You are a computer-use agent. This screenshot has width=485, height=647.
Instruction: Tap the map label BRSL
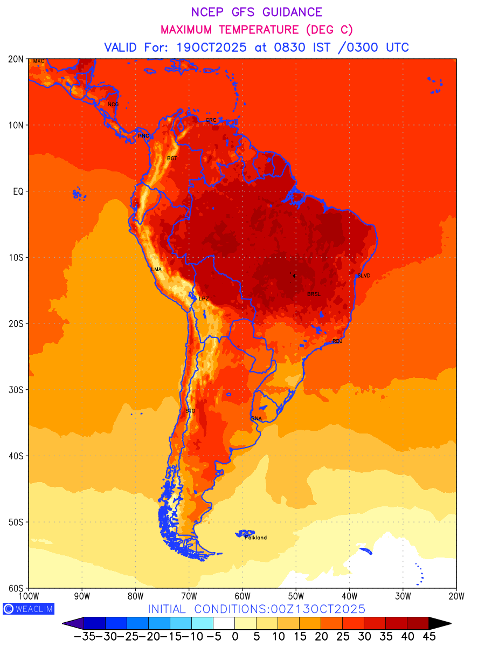pyautogui.click(x=314, y=294)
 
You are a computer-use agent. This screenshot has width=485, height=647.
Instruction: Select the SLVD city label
pyautogui.click(x=364, y=276)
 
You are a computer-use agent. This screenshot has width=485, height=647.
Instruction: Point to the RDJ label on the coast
pyautogui.click(x=337, y=341)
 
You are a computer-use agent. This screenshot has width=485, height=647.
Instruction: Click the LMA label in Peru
pyautogui.click(x=156, y=269)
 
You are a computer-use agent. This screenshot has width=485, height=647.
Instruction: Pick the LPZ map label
pyautogui.click(x=204, y=298)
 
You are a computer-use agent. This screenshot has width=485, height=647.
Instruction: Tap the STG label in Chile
pyautogui.click(x=190, y=411)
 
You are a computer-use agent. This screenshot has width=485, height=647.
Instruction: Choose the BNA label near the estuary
pyautogui.click(x=257, y=418)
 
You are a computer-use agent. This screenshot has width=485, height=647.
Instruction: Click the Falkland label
pyautogui.click(x=256, y=538)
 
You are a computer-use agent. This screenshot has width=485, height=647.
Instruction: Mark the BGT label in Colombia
pyautogui.click(x=172, y=159)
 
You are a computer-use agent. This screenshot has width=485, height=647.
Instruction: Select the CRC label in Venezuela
pyautogui.click(x=211, y=120)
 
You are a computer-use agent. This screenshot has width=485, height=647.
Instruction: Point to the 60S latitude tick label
pyautogui.click(x=17, y=588)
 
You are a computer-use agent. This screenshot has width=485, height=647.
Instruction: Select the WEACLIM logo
pyautogui.click(x=28, y=609)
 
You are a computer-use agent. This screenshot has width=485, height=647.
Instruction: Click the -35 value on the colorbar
pyautogui.click(x=84, y=636)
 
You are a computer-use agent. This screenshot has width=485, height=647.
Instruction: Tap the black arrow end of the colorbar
pyautogui.click(x=440, y=623)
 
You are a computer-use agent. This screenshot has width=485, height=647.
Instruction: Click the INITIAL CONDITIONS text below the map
pyautogui.click(x=257, y=609)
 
